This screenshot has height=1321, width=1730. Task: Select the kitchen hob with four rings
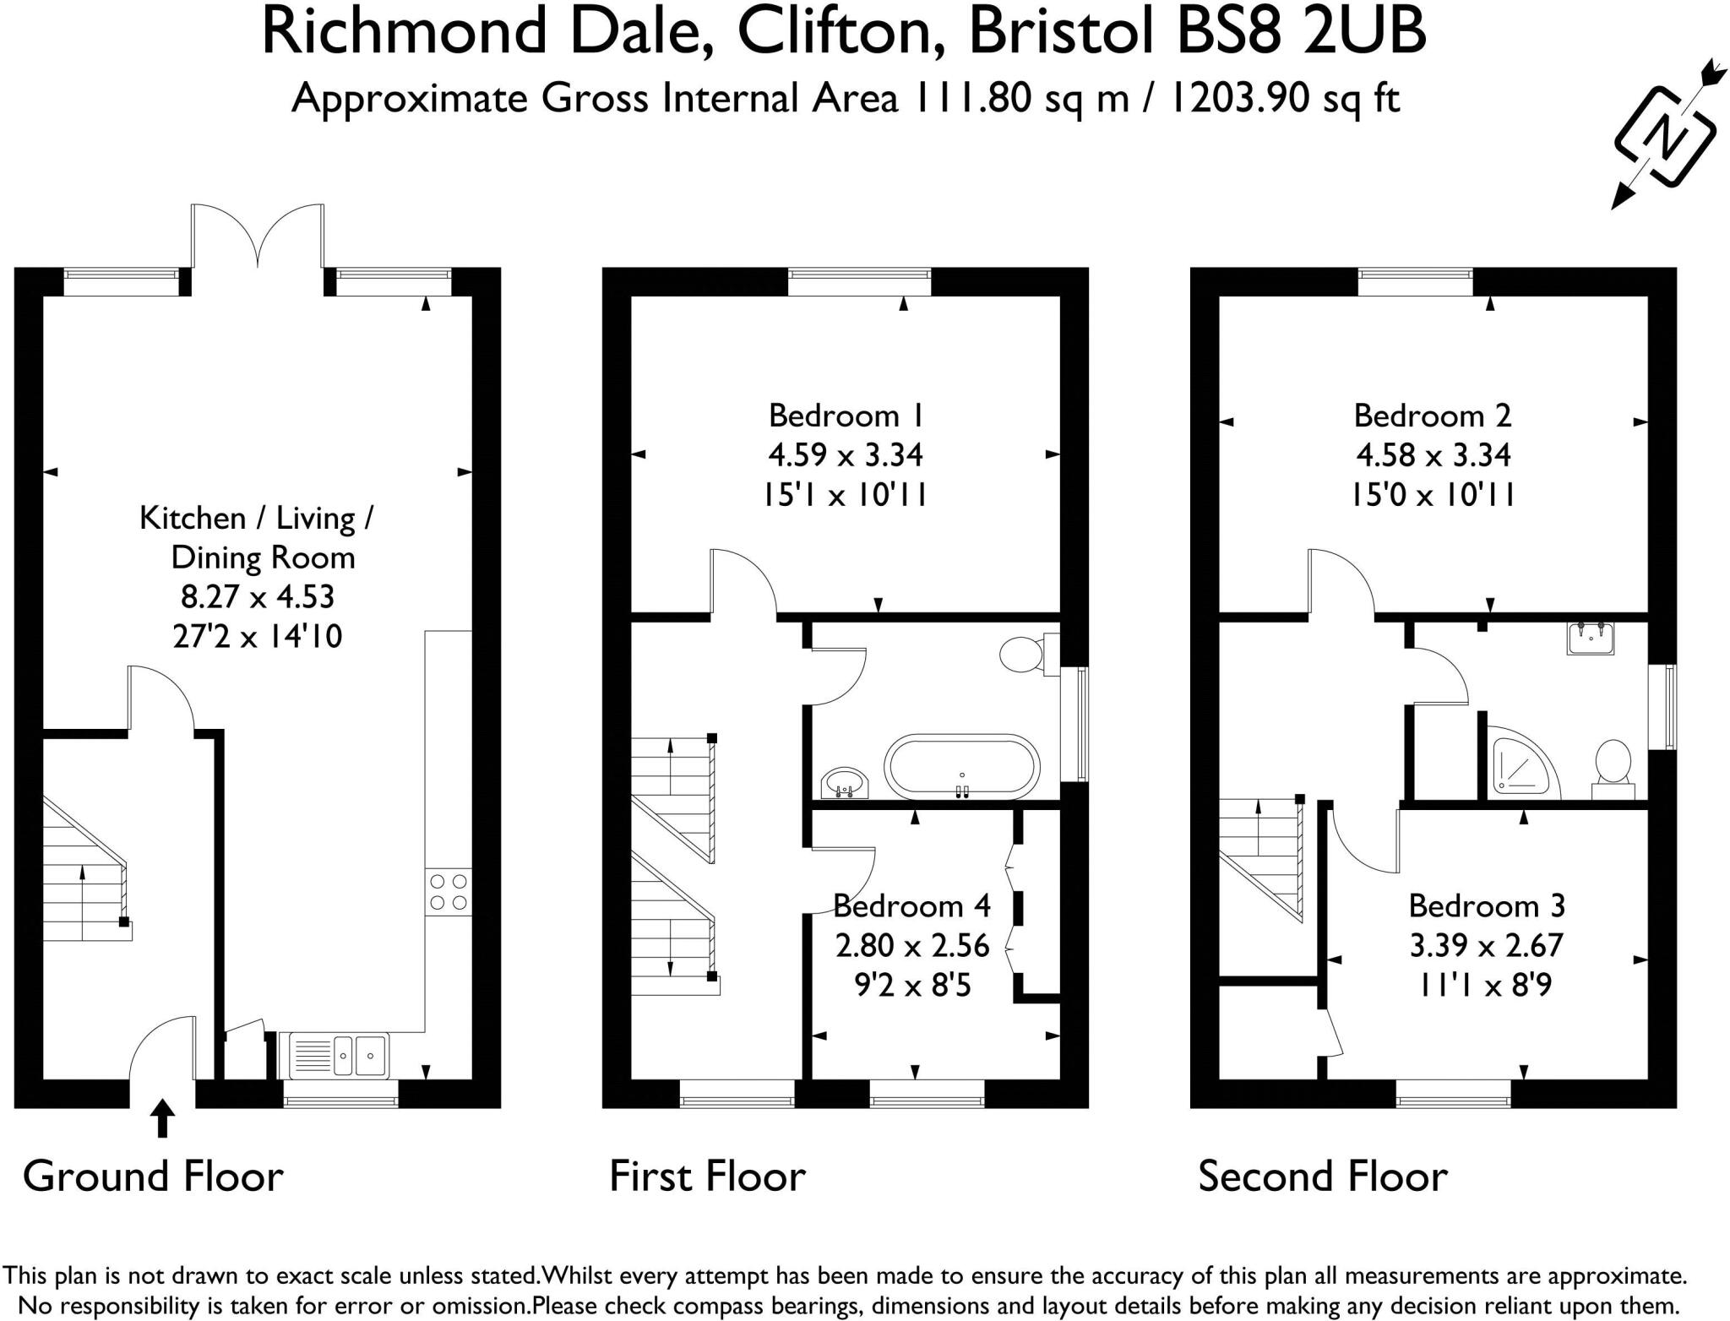(x=449, y=892)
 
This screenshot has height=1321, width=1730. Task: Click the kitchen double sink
(x=340, y=1055)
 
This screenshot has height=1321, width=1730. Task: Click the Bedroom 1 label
(x=846, y=416)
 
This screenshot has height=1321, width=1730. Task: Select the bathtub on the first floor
(x=961, y=767)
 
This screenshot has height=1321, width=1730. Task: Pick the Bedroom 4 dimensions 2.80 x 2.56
(x=911, y=945)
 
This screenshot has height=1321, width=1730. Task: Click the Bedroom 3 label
(x=1486, y=905)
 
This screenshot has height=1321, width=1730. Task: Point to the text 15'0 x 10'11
(x=1432, y=494)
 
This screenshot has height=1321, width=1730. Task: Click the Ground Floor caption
(x=153, y=1176)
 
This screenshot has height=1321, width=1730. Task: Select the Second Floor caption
(x=1322, y=1176)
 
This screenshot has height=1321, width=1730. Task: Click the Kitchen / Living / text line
(x=256, y=518)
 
